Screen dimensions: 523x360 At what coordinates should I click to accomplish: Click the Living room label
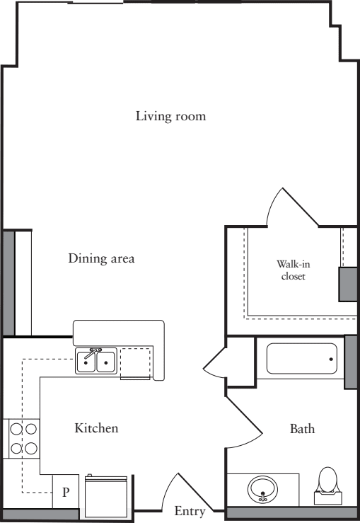pos(170,116)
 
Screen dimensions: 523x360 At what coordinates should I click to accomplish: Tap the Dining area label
pos(101,258)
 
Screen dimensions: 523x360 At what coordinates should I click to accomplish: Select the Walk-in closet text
pos(293,270)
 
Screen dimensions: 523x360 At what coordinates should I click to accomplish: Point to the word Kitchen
pos(96,428)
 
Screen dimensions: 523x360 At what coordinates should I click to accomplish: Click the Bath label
pos(302,429)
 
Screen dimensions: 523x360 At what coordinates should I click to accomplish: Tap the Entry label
pos(190,511)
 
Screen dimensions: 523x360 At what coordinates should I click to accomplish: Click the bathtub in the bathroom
pos(302,359)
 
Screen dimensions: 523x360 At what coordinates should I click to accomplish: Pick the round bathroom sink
pos(263,489)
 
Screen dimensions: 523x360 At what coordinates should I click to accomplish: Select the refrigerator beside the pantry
pos(106,495)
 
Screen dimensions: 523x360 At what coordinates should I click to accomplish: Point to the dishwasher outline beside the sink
pos(135,363)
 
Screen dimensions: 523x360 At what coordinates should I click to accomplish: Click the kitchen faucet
pos(94,350)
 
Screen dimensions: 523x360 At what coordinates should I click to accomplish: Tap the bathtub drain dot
pos(331,360)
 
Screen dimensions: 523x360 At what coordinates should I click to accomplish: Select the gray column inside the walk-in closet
pos(348,283)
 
